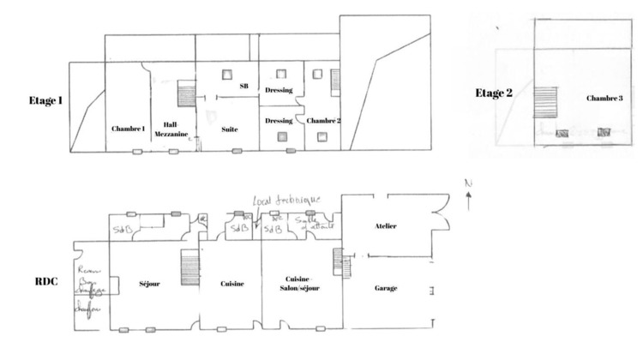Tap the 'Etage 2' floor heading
point(494,93)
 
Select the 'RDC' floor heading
point(46,281)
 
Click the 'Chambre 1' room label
point(128,129)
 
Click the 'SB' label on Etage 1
point(243,87)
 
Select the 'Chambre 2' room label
point(323,121)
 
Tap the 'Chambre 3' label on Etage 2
point(604,99)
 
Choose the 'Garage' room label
point(386,289)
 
